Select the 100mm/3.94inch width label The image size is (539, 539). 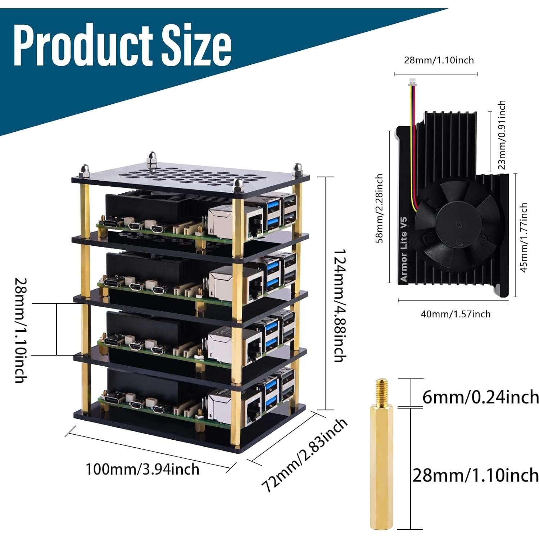pos(142,469)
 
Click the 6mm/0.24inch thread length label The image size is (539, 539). pos(480,397)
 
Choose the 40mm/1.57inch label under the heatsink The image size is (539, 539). pos(456,314)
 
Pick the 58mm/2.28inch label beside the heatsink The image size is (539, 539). pos(379,208)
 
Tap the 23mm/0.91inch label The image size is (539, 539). pos(501,135)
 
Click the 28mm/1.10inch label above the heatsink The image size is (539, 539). pos(439,60)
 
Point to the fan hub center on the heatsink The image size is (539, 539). pos(459,225)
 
